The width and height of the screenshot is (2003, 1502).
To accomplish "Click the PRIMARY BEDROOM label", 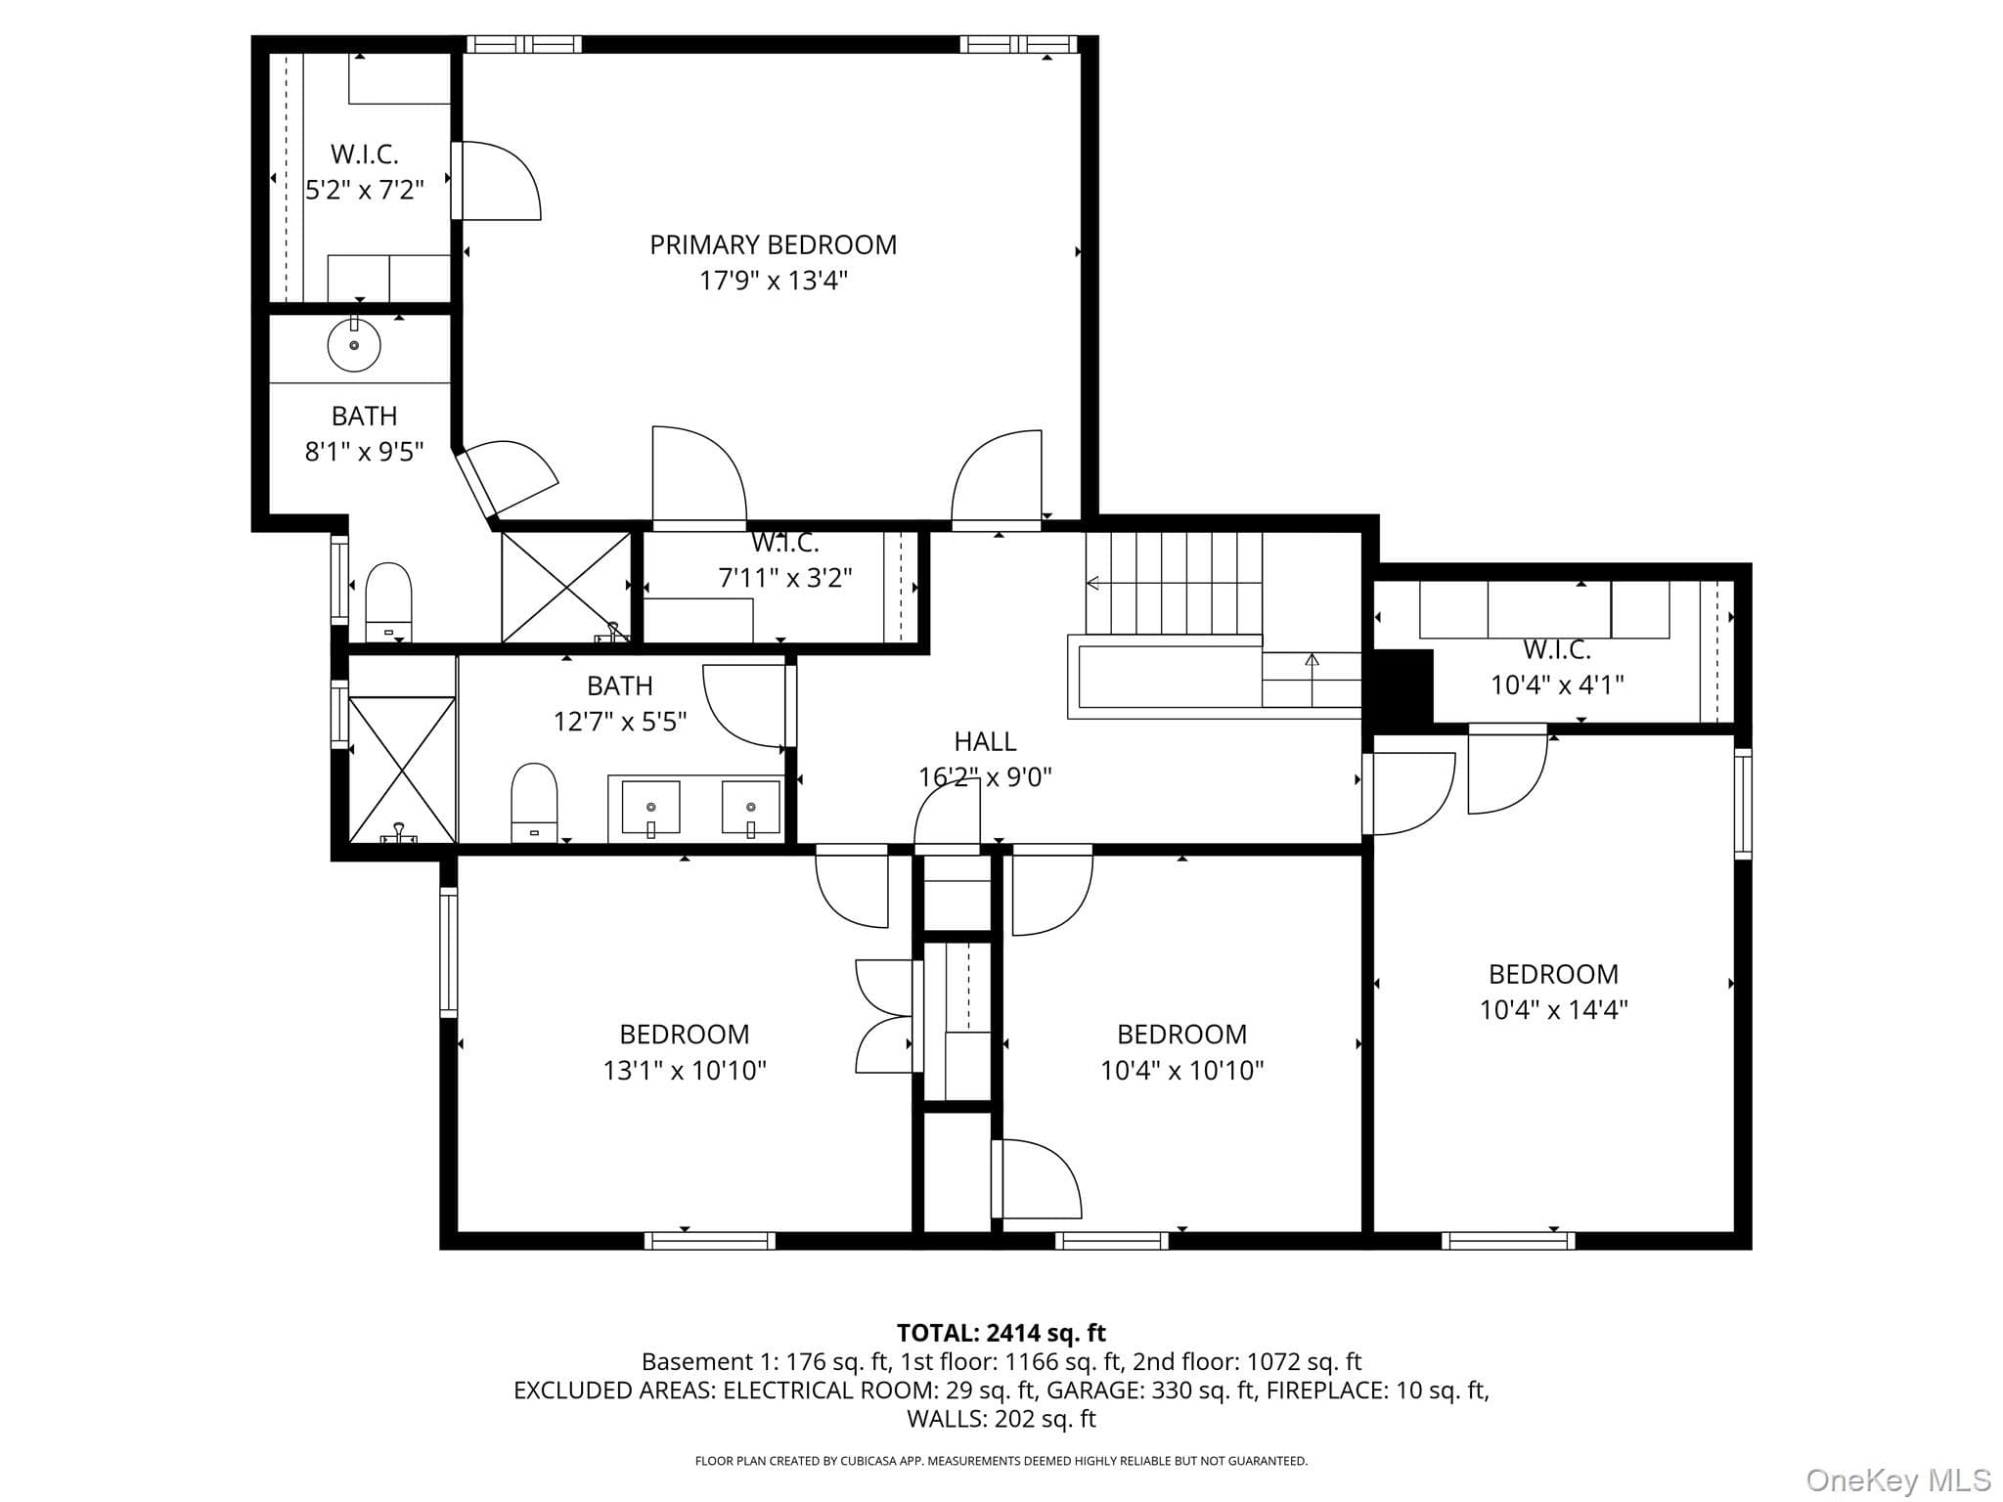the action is click(773, 244).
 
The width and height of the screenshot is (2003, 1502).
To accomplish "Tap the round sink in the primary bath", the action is click(354, 344).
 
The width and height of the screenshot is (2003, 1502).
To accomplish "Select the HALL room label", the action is click(985, 741).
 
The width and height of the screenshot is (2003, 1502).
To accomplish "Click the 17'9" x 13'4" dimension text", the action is click(773, 281).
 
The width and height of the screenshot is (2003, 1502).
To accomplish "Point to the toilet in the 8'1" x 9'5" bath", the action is click(388, 601).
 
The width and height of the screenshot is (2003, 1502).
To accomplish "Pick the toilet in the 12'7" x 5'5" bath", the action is click(534, 803).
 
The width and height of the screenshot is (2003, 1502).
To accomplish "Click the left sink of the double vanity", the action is click(650, 808).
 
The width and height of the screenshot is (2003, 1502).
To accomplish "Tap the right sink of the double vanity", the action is click(751, 808).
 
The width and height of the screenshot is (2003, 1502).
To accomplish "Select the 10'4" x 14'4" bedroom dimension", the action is click(1553, 1009).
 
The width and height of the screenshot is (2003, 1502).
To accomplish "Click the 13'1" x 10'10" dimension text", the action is click(685, 1070).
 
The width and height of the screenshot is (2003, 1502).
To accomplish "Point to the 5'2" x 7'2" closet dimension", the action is click(364, 190).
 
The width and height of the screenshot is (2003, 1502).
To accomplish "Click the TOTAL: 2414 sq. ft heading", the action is click(1001, 1333).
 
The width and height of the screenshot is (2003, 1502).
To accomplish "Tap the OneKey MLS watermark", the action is click(1898, 1480).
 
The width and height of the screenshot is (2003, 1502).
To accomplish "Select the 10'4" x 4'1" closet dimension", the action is click(1557, 685).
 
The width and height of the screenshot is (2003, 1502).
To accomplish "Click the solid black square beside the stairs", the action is click(1398, 686).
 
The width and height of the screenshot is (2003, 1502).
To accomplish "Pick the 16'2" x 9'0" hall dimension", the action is click(985, 777).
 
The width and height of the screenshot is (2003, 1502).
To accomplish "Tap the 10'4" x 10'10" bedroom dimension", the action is click(1181, 1070).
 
